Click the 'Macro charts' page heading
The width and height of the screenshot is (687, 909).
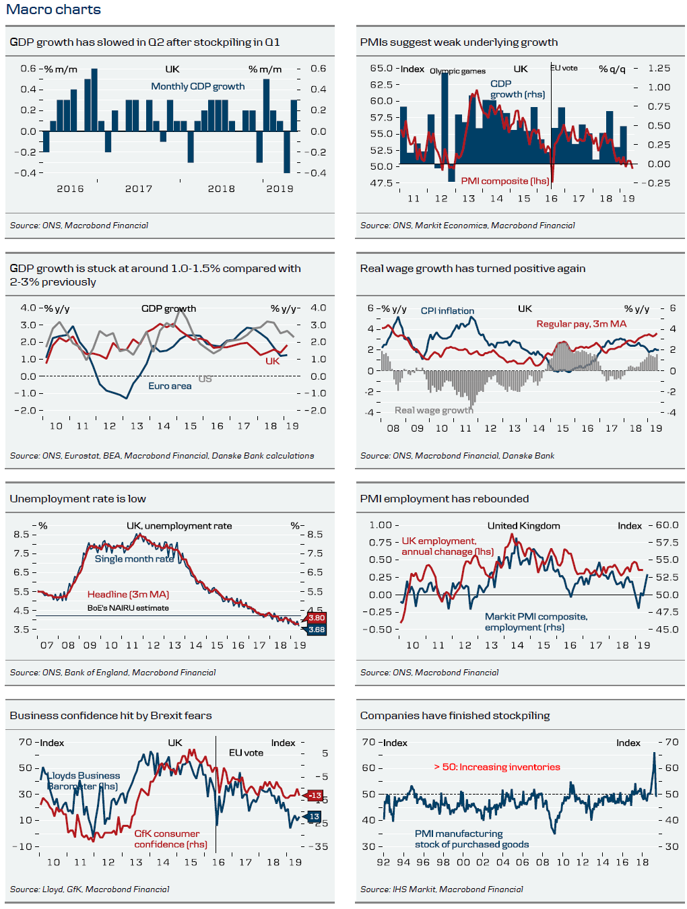coord(53,9)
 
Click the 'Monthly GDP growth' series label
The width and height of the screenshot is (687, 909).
coord(197,86)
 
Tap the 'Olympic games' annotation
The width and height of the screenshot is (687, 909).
coord(457,71)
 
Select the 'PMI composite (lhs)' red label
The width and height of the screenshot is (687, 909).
coord(504,180)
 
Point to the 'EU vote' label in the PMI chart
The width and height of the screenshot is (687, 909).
coord(564,68)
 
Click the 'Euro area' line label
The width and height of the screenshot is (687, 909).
coord(170,386)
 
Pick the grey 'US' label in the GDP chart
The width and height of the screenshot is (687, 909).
coord(205,379)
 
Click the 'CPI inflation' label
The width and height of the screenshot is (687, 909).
coord(447,310)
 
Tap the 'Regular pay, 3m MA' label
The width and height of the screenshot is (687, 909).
coord(581,324)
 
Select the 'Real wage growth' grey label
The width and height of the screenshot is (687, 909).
coord(434,410)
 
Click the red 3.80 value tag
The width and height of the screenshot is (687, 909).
coord(316,617)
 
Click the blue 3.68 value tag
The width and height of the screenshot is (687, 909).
coord(316,630)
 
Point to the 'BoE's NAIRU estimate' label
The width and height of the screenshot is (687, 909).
coord(128,608)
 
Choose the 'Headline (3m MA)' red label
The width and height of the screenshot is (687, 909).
coord(128,595)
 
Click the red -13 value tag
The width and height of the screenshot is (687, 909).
coord(315,795)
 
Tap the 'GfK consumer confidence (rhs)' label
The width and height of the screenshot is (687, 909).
coord(170,839)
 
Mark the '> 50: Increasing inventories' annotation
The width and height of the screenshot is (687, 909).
coord(497,767)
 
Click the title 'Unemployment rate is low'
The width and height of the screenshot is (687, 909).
coord(77,499)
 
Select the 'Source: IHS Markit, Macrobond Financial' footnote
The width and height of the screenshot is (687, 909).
coord(441,889)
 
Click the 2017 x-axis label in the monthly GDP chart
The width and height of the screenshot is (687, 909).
coord(139,189)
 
